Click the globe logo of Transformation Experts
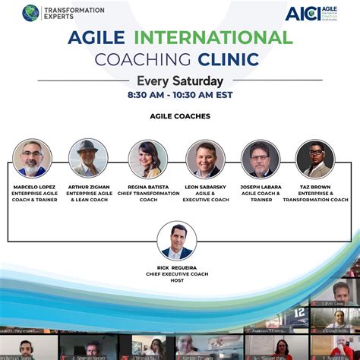tap(30, 13)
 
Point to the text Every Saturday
tap(180, 81)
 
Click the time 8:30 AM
tap(148, 96)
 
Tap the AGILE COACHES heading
tap(179, 116)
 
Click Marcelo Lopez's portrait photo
tap(32, 159)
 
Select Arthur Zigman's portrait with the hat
tap(88, 159)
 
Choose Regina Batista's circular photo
tap(147, 159)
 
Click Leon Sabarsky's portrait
tap(205, 159)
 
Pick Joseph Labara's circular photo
tap(261, 159)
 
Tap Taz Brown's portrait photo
tap(315, 159)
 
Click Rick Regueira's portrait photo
tap(177, 241)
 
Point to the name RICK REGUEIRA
tap(177, 267)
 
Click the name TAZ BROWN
tap(315, 186)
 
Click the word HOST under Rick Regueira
tap(177, 281)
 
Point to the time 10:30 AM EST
tap(205, 96)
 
